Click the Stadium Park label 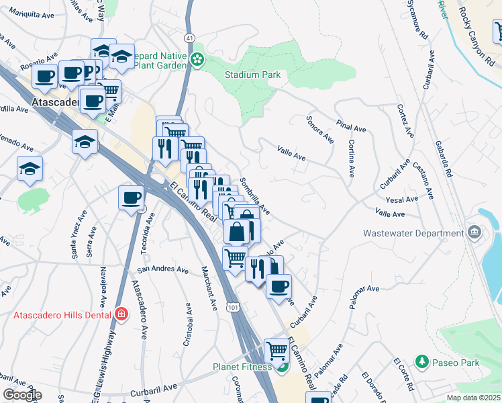tap(252, 75)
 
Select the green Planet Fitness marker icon tap(283, 367)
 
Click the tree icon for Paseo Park tap(421, 362)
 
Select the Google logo tap(22, 395)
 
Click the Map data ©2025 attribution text tap(473, 398)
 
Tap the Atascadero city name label tap(56, 103)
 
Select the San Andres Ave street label tap(163, 269)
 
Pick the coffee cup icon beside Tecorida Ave tap(131, 197)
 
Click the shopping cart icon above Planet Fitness tap(277, 349)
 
